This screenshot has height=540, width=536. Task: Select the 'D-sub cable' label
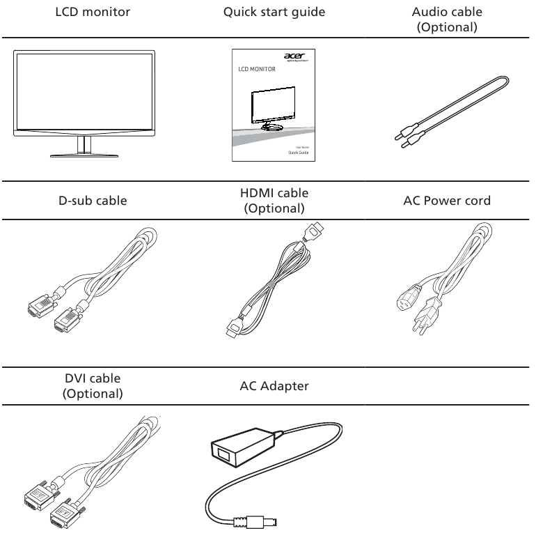[84, 201]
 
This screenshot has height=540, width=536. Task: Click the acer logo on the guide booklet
[294, 59]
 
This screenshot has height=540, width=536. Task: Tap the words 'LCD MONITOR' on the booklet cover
[257, 70]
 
